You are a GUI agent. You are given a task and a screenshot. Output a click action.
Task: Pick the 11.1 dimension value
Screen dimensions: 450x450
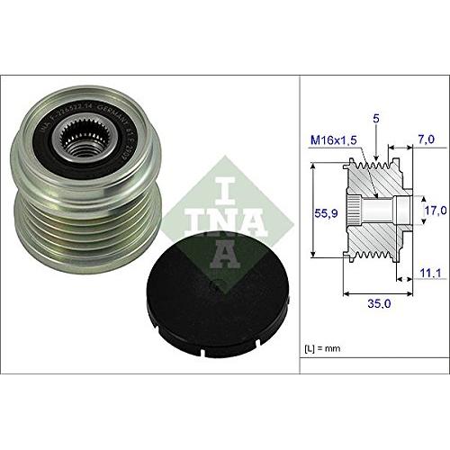[x=432, y=270]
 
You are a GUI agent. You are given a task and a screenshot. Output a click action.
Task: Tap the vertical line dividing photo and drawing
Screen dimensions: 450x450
[x=299, y=225]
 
